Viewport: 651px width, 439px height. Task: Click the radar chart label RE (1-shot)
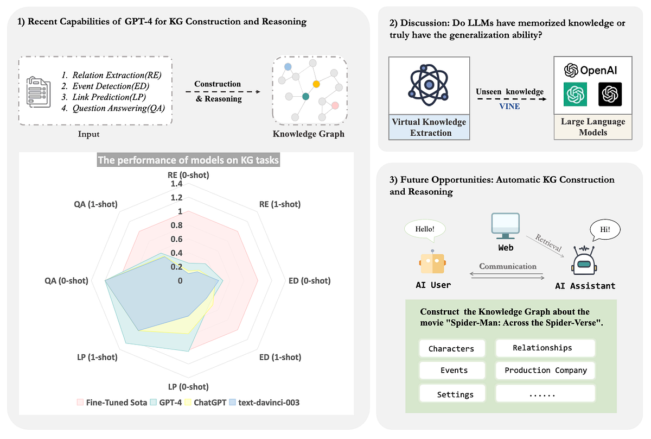tap(280, 204)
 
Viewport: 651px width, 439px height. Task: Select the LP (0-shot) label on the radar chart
tap(188, 387)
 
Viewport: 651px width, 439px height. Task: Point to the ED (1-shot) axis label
tap(280, 357)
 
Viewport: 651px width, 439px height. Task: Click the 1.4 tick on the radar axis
tap(176, 184)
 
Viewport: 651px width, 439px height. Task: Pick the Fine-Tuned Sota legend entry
tap(112, 403)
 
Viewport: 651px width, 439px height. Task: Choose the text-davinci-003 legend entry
tap(265, 403)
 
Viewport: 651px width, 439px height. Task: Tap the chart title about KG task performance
tap(188, 161)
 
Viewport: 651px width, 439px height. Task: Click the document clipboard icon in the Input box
tap(38, 91)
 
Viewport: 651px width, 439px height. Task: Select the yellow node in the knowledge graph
tap(316, 84)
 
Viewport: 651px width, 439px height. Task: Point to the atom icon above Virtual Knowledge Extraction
tap(429, 85)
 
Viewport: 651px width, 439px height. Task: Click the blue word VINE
tap(509, 106)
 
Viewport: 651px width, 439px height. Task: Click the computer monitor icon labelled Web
tap(505, 227)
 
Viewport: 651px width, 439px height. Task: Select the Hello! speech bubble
tap(425, 229)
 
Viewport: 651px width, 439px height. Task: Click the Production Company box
tap(545, 371)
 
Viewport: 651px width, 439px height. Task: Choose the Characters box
tap(451, 349)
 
